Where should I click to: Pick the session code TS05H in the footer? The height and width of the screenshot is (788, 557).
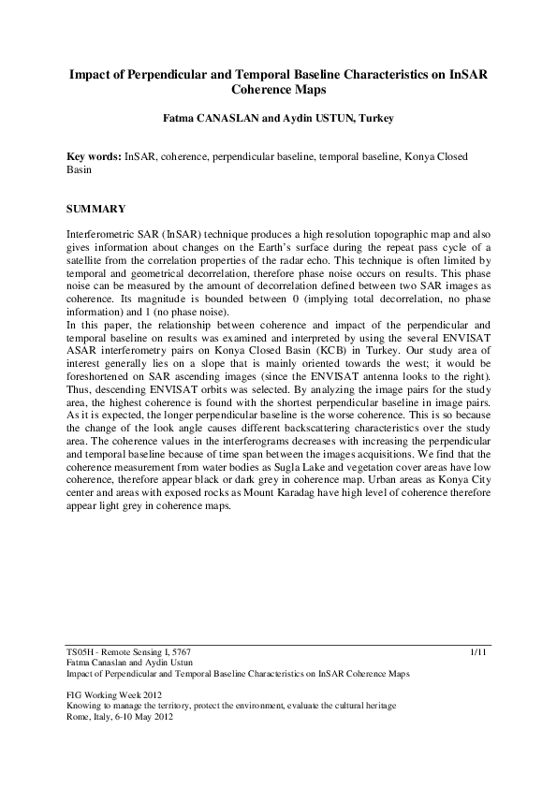[80, 649]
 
